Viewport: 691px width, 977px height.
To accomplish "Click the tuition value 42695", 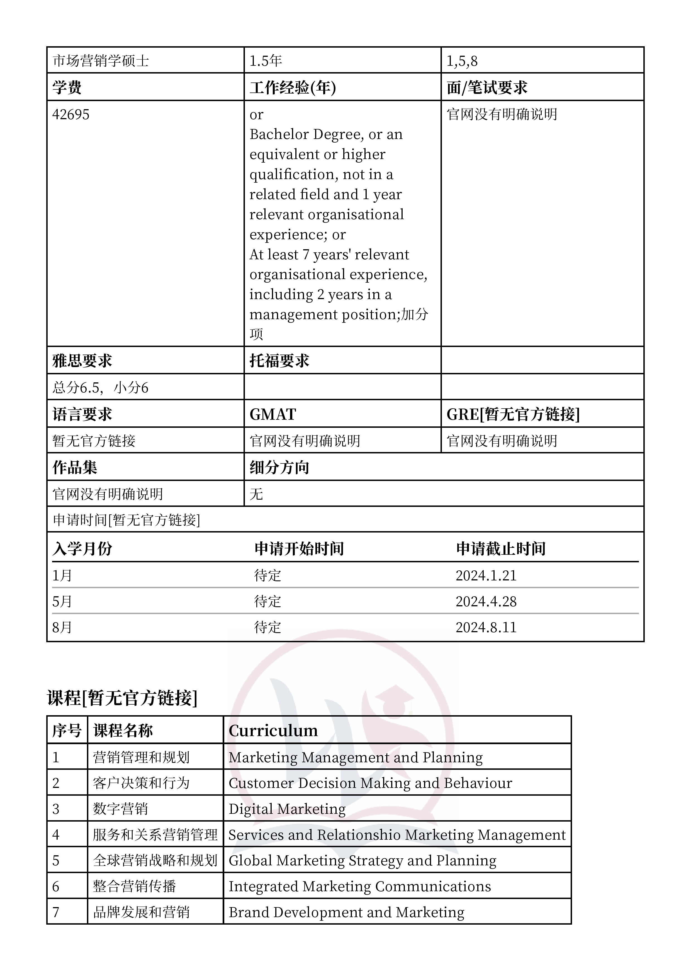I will (x=71, y=114).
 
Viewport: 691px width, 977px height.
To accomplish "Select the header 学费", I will (x=67, y=88).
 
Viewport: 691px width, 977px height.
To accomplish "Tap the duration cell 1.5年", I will (x=266, y=61).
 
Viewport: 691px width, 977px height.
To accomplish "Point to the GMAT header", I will (x=273, y=414).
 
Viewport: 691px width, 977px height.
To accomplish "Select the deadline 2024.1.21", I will (x=486, y=575).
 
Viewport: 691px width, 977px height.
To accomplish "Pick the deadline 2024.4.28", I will (x=486, y=601).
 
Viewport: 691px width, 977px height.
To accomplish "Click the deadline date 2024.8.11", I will (x=486, y=627).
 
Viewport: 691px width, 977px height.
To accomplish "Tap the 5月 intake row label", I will (x=62, y=601).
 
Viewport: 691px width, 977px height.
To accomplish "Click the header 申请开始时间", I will (x=299, y=548).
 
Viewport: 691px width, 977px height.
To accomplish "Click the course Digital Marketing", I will (x=287, y=809).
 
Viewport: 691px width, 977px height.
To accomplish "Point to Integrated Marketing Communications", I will (x=360, y=886).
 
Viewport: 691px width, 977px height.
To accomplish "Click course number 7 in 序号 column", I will (x=56, y=912).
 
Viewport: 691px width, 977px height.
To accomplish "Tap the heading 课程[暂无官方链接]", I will (x=122, y=698).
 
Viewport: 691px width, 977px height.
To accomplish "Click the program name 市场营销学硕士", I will (x=101, y=61).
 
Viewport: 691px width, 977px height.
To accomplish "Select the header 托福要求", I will (x=279, y=361).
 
